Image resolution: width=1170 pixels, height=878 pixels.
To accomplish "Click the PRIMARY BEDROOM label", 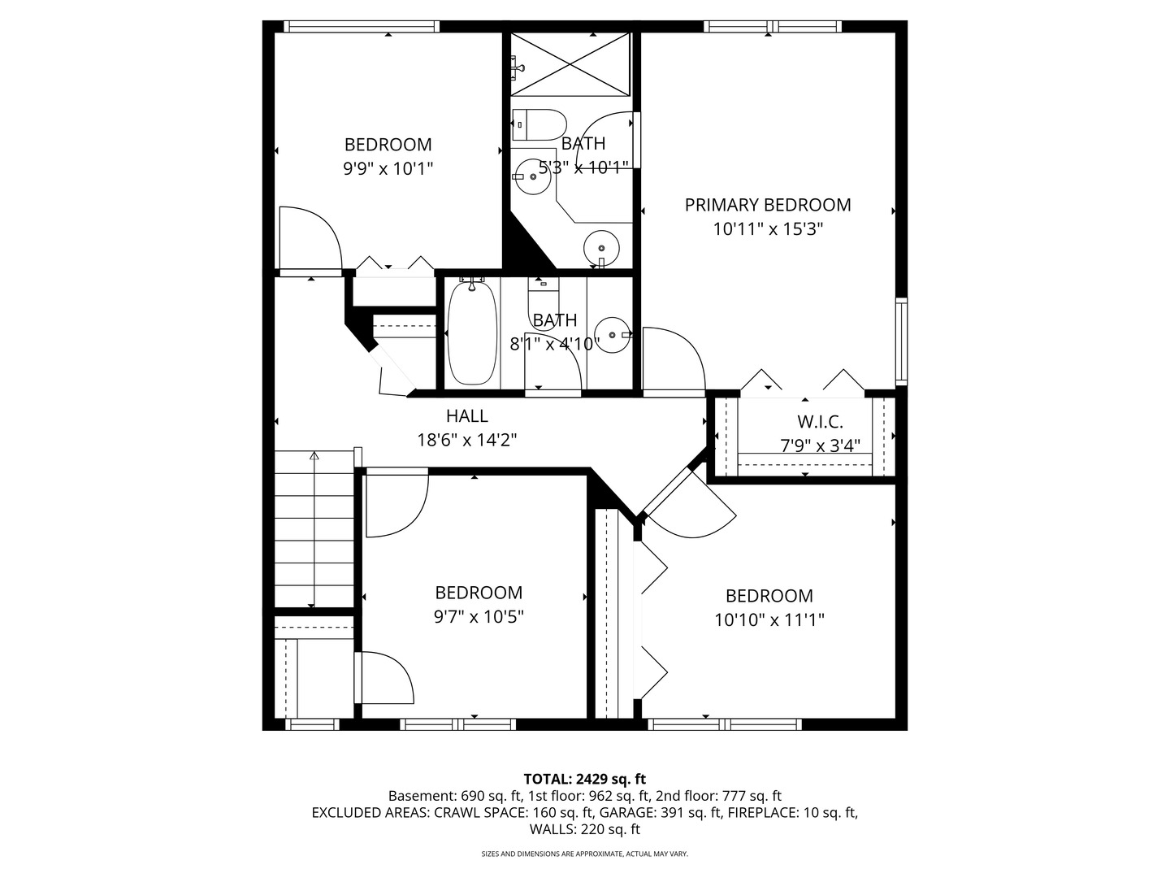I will (768, 205).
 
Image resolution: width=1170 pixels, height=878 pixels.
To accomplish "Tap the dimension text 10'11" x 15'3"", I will (768, 229).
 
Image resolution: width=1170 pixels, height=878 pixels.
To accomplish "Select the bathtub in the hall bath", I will (472, 333).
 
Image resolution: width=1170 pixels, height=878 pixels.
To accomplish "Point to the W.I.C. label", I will (820, 422).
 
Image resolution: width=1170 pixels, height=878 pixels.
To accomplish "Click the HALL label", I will (467, 416).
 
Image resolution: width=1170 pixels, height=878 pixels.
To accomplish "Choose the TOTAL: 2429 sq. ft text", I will (584, 779).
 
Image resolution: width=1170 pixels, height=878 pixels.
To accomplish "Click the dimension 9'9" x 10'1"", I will (388, 169).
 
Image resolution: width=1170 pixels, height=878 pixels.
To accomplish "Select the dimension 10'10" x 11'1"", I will (769, 620).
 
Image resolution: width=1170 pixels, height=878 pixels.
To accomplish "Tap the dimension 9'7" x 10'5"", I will (479, 617).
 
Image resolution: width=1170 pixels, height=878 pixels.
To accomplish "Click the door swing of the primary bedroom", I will (673, 358).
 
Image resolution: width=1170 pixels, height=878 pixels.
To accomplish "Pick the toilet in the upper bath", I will (540, 124).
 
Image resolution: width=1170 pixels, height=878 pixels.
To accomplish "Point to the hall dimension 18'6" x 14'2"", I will (467, 441).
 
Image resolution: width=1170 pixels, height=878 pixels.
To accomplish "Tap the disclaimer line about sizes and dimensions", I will (584, 854).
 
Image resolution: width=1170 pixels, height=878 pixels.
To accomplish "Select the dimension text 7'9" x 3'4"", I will (820, 446).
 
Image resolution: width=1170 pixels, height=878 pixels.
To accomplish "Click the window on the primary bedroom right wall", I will (901, 341).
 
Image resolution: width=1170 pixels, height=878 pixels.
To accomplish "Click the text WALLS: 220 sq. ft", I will (584, 829).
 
